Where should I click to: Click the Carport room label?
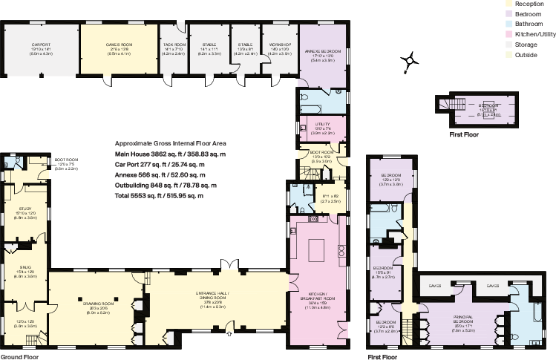pos(41,45)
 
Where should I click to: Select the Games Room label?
pos(119,45)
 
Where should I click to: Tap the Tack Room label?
pos(174,45)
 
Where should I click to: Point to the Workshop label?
pos(281,45)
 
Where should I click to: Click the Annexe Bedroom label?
pos(321,52)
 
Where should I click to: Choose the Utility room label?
pos(322,124)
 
